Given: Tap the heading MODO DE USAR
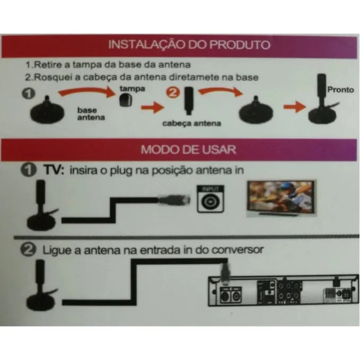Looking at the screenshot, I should [x=188, y=149].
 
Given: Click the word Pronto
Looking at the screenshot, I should [x=340, y=90].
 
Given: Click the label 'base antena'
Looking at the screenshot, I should [x=87, y=113].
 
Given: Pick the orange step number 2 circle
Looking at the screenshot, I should [x=172, y=92].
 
